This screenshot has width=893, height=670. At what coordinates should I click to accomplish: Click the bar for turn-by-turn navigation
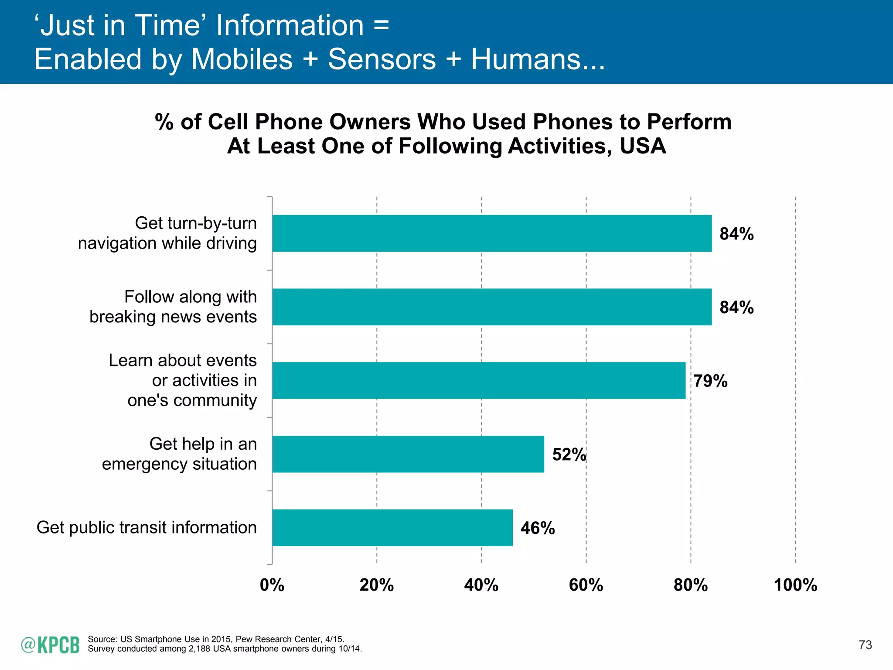492,233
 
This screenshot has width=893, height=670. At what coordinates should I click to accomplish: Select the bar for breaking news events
492,307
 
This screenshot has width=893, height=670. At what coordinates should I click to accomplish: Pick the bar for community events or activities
479,380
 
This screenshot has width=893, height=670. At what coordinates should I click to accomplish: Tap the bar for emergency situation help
408,454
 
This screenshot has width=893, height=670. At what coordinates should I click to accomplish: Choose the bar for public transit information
392,527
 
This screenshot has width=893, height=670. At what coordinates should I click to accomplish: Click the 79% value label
711,381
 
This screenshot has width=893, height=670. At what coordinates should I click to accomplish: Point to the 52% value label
569,455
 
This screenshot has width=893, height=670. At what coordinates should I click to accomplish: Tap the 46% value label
538,528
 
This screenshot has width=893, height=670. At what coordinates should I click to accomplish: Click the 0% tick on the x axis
272,585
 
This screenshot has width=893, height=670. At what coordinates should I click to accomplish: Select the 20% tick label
377,585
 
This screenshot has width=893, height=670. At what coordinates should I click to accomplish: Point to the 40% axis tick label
481,585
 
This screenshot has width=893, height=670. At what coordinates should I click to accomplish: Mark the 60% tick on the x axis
586,585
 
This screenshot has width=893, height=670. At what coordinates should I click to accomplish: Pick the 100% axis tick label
795,585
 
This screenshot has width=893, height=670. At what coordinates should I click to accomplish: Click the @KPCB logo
50,645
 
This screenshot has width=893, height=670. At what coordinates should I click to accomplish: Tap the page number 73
865,645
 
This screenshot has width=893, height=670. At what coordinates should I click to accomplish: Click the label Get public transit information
147,527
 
